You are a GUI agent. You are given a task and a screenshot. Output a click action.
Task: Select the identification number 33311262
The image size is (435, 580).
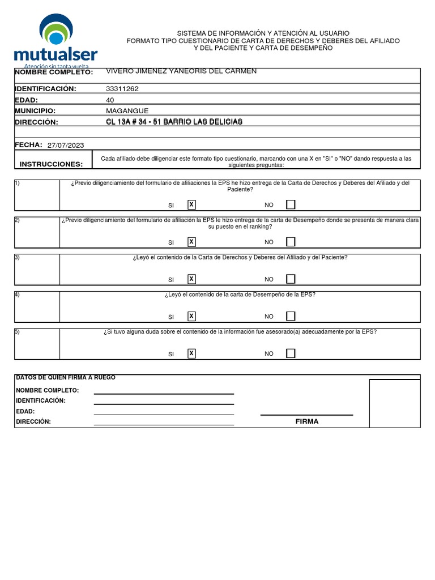pos(122,89)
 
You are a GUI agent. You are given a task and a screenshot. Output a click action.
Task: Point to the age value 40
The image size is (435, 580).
pos(110,100)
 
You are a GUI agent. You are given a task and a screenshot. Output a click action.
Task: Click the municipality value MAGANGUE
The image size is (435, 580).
pos(127,111)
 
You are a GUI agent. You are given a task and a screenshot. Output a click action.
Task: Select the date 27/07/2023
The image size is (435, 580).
pos(66,146)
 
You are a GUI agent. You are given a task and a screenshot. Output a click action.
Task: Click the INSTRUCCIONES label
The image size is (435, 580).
pos(51,164)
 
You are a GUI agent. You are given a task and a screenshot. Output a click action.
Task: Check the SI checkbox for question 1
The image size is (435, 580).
pos(191,204)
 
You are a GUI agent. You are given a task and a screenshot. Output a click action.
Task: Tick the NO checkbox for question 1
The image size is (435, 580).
pos(291,204)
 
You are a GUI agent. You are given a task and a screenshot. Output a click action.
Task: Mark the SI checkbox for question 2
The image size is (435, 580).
pos(191,242)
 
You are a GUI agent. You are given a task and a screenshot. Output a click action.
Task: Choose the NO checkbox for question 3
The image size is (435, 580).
pos(291,279)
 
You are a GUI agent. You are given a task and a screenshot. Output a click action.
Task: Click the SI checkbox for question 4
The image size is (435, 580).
pos(191,316)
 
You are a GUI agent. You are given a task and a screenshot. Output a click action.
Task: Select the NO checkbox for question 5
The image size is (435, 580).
pos(291,353)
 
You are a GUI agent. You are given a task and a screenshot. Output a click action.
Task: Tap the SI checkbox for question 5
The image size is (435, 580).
pos(191,353)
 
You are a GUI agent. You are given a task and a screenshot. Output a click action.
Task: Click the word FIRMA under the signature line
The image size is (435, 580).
pos(306,421)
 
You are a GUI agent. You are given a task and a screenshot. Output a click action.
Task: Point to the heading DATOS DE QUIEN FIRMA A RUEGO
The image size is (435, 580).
pos(66,378)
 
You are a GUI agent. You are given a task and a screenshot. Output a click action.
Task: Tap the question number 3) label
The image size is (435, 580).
pos(17,257)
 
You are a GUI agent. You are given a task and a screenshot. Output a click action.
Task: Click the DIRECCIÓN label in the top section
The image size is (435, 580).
pos(36,122)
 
